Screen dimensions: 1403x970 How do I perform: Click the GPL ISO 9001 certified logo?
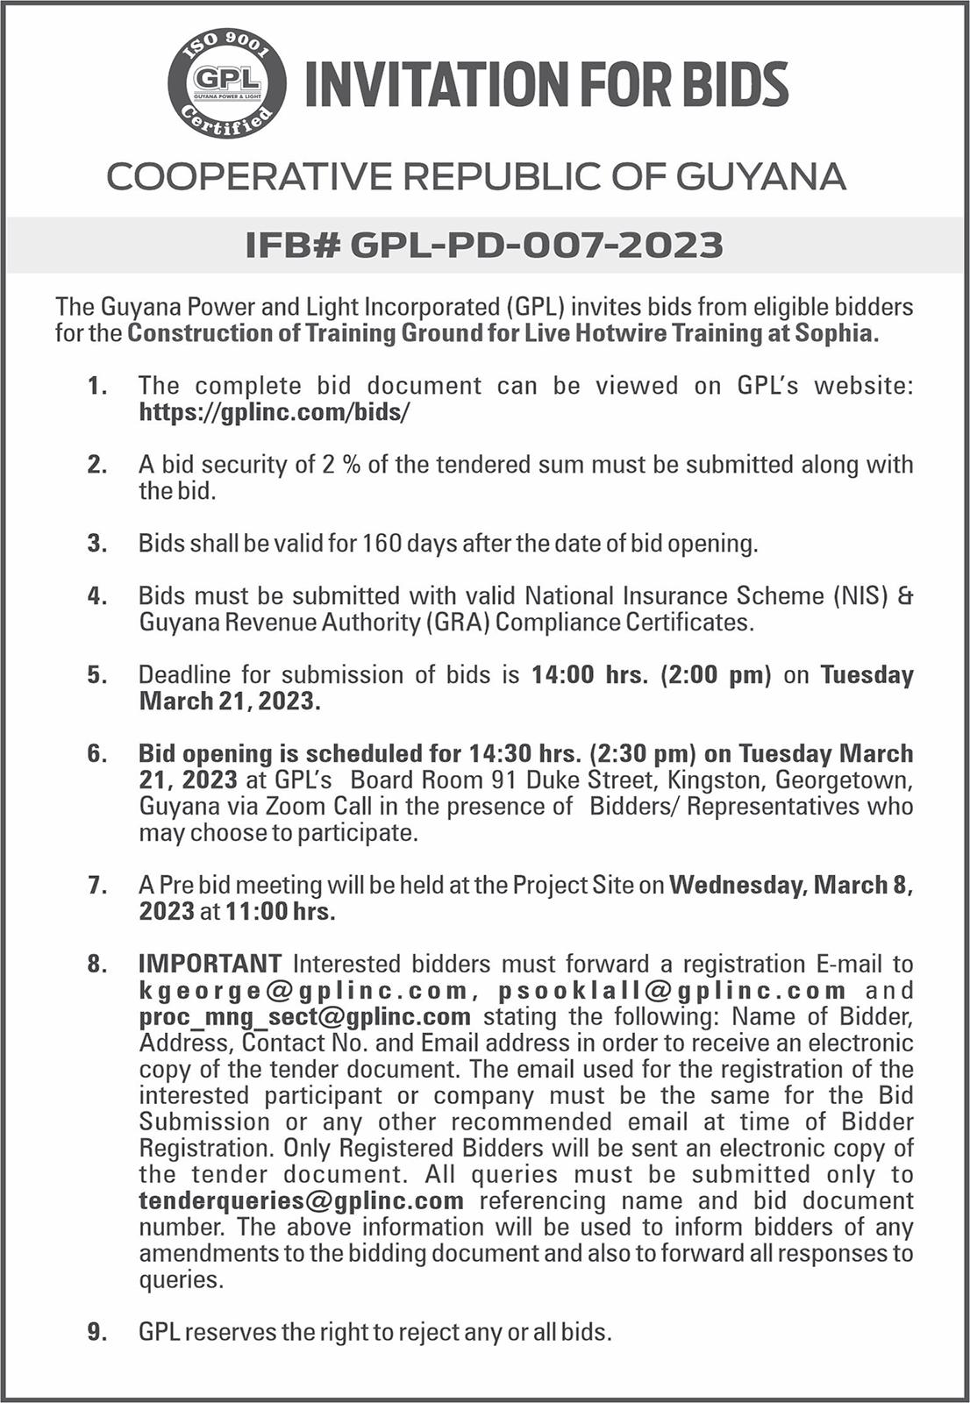tap(227, 84)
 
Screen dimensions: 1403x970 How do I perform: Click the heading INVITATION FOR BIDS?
tap(546, 85)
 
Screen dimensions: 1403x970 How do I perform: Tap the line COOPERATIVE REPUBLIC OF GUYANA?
tap(476, 177)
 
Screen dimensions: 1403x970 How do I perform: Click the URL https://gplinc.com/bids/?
tap(275, 412)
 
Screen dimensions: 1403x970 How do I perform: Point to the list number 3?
tap(96, 544)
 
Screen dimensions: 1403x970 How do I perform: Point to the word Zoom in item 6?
tap(296, 807)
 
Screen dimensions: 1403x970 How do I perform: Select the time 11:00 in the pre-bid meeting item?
tap(256, 912)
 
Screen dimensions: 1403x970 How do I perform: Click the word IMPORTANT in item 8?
tap(210, 965)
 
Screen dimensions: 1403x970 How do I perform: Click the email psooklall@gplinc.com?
tap(672, 991)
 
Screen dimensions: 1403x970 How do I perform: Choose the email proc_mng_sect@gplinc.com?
tap(305, 1017)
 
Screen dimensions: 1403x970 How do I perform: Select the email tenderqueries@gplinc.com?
tap(301, 1201)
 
